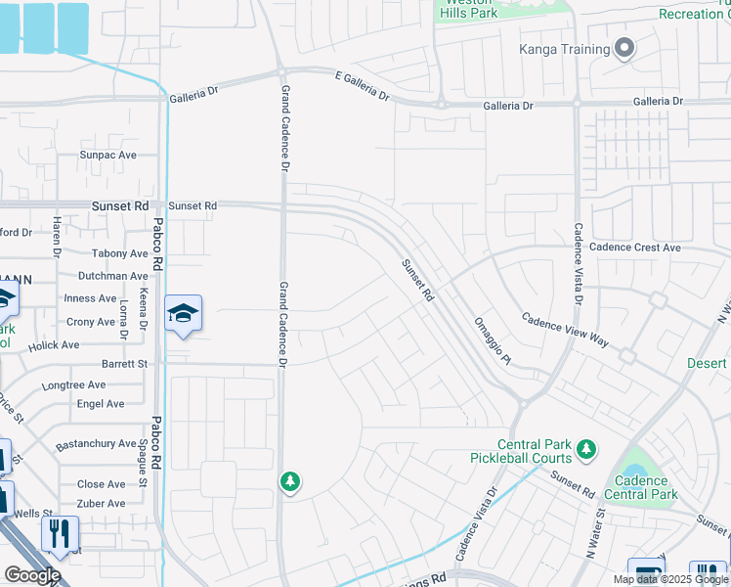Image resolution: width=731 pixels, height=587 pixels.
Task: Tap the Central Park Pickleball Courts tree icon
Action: click(x=586, y=449)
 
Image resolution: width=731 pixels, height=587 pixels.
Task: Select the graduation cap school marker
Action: click(x=183, y=314)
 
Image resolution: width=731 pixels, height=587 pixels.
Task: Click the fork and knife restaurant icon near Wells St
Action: click(x=60, y=534)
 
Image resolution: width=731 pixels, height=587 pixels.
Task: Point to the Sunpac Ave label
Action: click(x=107, y=155)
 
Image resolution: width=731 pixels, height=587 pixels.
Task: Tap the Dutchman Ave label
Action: click(x=113, y=276)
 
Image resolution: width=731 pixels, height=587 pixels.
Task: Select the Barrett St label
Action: click(x=123, y=363)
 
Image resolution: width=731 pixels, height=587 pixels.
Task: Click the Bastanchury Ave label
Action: click(x=96, y=443)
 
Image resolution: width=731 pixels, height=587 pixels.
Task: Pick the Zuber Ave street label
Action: click(x=102, y=503)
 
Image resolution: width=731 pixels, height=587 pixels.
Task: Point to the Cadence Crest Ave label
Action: click(x=634, y=248)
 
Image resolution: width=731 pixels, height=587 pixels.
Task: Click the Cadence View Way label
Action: click(x=564, y=331)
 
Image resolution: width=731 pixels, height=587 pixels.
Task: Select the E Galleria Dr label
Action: click(x=362, y=86)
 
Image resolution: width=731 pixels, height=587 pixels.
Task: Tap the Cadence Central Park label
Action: click(x=641, y=487)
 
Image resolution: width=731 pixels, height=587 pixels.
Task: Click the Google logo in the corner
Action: click(x=32, y=575)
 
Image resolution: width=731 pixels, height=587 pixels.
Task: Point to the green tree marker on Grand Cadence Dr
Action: click(x=289, y=482)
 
